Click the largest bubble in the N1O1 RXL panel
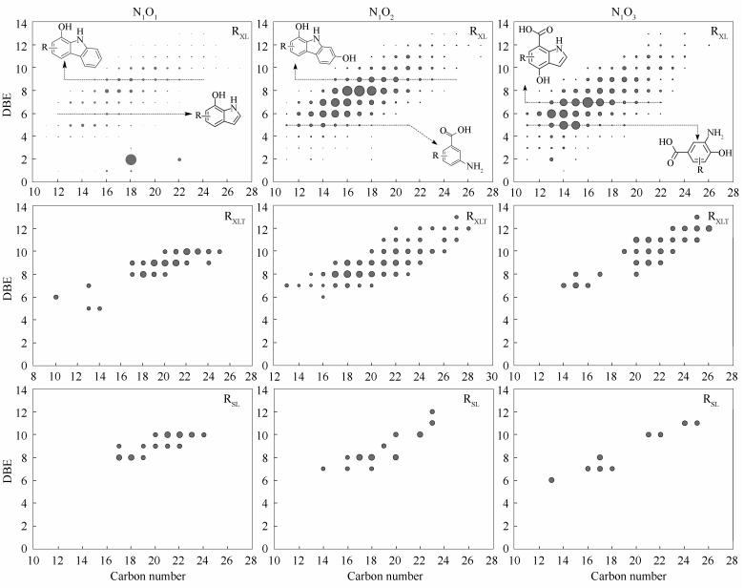pos(131,159)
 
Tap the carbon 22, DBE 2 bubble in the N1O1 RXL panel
pos(179,159)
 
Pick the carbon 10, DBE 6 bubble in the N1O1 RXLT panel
pos(56,297)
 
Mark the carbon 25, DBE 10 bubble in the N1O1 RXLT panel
pos(219,252)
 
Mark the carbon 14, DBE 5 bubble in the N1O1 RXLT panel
pos(99,308)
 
